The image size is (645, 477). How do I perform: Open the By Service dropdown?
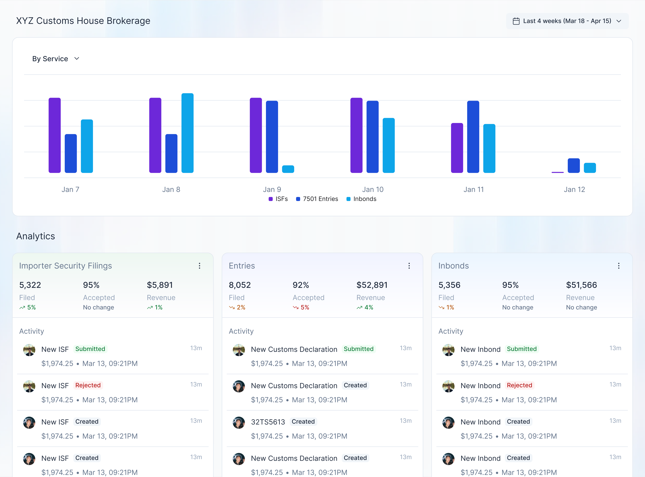click(56, 59)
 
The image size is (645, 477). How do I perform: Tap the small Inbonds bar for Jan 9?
click(288, 169)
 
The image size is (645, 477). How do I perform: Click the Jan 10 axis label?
click(373, 189)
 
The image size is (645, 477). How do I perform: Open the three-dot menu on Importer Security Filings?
click(199, 266)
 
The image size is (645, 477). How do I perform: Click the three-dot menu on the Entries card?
click(409, 266)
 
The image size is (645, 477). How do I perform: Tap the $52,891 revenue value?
click(372, 285)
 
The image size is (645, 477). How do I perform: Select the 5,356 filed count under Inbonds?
click(449, 285)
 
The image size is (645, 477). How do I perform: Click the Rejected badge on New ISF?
click(88, 385)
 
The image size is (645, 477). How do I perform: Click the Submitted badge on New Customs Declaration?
click(359, 349)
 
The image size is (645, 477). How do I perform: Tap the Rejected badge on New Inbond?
click(519, 385)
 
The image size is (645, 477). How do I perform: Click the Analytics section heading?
click(35, 236)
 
